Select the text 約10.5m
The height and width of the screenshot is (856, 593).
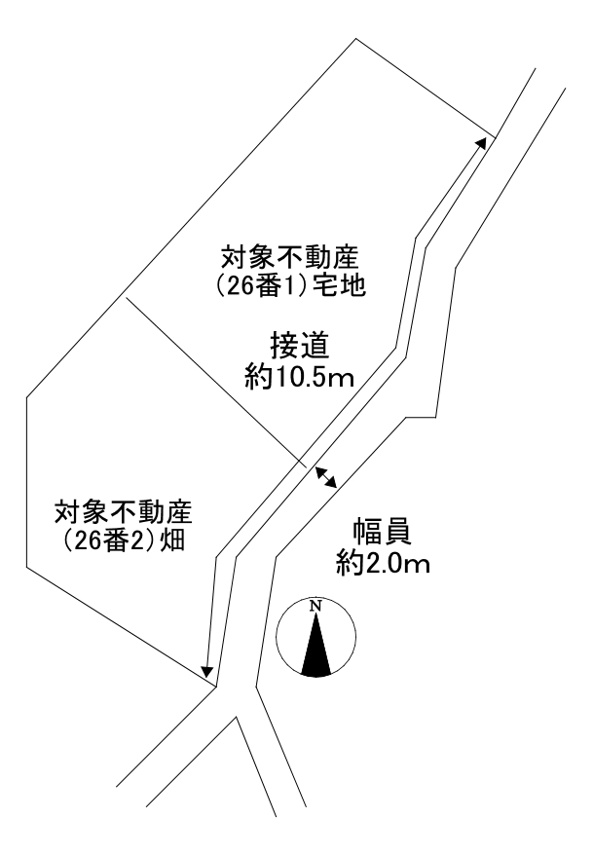(300, 377)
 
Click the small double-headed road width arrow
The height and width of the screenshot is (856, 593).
(326, 476)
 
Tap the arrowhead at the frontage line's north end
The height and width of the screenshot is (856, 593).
(482, 142)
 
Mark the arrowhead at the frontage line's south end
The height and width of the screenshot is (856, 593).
(206, 671)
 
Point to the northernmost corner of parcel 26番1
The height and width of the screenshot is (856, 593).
(354, 39)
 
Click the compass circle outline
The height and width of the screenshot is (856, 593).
(278, 639)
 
